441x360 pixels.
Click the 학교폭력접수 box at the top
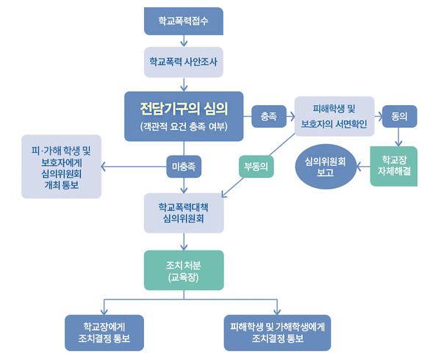coord(183,21)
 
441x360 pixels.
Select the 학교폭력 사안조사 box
coord(183,62)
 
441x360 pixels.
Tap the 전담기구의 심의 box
coord(184,116)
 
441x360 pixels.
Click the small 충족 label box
coord(269,116)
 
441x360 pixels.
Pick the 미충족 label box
coord(184,165)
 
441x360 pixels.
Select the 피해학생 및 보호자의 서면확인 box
coord(334,116)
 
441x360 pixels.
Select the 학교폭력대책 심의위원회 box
coord(184,213)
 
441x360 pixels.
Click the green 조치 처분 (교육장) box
coord(184,269)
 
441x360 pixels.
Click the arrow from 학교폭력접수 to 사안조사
coord(183,41)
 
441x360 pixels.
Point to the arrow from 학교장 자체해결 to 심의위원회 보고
coord(362,168)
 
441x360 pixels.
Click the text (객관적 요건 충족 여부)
coord(184,127)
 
